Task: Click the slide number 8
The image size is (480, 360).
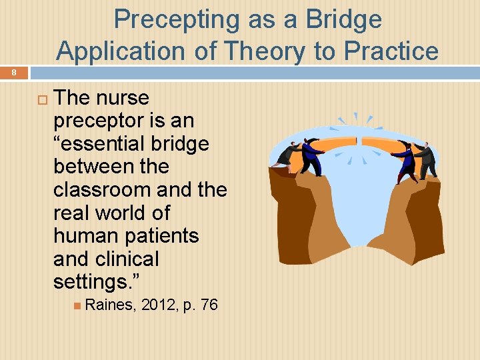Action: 11,71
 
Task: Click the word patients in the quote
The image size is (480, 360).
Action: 160,236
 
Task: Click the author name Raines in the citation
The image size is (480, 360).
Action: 109,305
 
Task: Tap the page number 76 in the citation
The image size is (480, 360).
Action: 209,305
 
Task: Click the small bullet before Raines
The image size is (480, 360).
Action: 77,306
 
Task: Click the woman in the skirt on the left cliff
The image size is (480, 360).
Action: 287,155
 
